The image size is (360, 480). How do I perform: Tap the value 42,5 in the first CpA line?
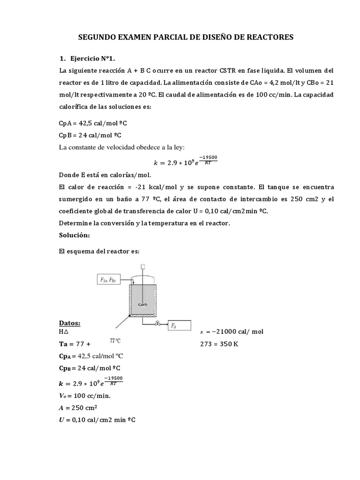pyautogui.click(x=84, y=123)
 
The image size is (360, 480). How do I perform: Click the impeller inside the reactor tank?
pyautogui.click(x=143, y=304)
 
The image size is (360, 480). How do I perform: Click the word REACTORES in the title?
pyautogui.click(x=269, y=37)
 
